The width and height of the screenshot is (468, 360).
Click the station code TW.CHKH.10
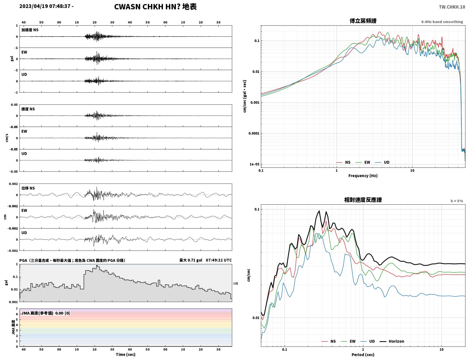click(x=452, y=7)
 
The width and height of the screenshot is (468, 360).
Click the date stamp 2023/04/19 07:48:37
click(x=45, y=6)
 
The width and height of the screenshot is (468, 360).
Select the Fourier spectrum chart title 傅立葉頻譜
click(x=363, y=21)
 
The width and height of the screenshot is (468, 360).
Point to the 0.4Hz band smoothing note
click(x=442, y=22)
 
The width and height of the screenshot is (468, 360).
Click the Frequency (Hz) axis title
click(x=363, y=176)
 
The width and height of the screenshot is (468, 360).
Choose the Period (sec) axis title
click(x=363, y=355)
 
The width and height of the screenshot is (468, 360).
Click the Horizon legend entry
click(x=392, y=341)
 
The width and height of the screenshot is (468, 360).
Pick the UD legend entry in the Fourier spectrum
click(x=382, y=162)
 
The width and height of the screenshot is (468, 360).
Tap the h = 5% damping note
click(x=456, y=201)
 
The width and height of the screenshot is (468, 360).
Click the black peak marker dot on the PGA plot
click(x=97, y=266)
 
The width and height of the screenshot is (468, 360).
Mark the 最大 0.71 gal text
click(x=191, y=260)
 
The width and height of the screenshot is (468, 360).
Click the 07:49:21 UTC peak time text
click(x=219, y=260)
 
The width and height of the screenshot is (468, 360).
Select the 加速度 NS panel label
click(x=30, y=30)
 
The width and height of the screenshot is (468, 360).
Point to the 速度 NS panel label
click(x=28, y=109)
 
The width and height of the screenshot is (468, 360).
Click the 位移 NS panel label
click(x=28, y=188)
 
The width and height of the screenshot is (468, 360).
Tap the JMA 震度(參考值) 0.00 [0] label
click(x=45, y=313)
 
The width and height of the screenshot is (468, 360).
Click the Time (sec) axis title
click(x=126, y=354)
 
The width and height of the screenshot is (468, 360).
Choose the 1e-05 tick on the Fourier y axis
click(x=254, y=164)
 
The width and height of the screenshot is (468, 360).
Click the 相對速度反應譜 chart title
click(x=363, y=200)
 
